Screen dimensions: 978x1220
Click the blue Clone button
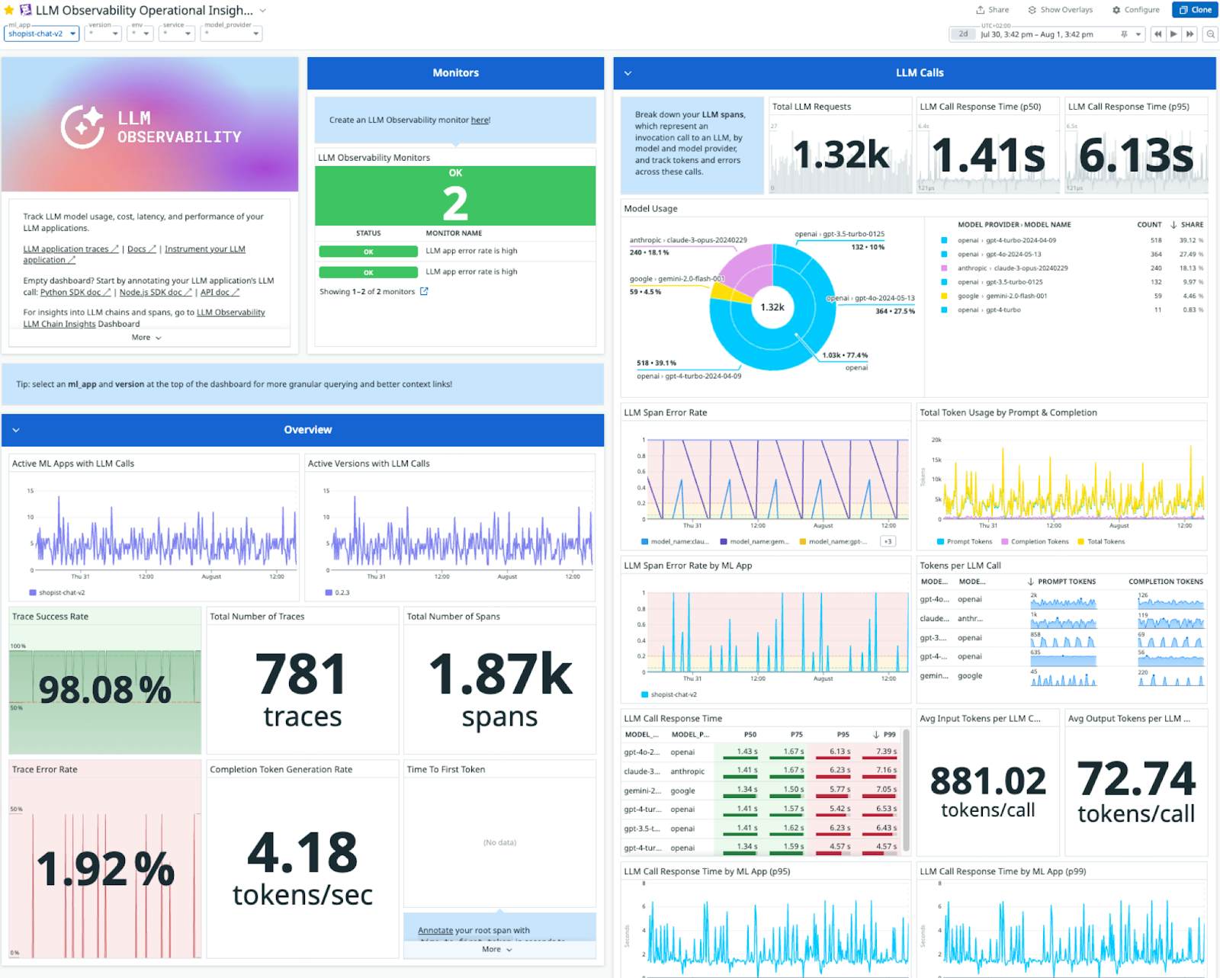(1195, 10)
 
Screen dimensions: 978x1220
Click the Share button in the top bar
(992, 10)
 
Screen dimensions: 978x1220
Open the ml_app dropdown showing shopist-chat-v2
(41, 34)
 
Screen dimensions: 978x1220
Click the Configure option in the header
(1135, 10)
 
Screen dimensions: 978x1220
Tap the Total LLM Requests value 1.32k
(840, 155)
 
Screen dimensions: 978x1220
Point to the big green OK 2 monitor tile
(455, 197)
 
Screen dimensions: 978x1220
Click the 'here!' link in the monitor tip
(480, 120)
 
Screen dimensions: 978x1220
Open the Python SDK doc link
(70, 292)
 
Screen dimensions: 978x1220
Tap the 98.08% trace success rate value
(104, 689)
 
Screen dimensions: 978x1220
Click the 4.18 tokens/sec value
(302, 852)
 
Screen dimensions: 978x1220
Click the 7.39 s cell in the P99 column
(885, 752)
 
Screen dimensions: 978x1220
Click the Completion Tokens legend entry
(1039, 541)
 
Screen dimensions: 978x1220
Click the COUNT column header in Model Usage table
(1148, 225)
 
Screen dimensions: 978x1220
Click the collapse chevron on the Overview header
(16, 430)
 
